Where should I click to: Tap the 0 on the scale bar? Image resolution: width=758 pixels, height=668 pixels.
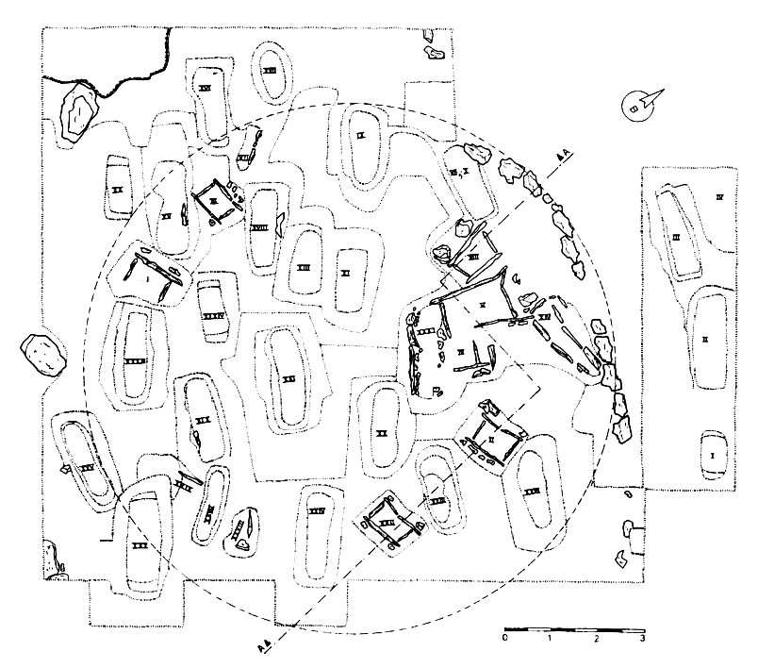click(506, 640)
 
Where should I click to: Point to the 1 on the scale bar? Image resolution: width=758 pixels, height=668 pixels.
click(552, 640)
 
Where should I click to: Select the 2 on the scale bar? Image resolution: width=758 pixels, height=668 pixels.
click(597, 640)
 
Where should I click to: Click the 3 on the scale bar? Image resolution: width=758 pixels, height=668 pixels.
click(643, 640)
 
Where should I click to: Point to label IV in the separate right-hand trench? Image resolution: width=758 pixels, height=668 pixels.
click(718, 198)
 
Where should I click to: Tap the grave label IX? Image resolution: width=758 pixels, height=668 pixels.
click(361, 135)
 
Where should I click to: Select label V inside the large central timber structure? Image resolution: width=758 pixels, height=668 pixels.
click(483, 304)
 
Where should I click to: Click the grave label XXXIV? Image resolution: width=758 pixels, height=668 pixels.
click(318, 510)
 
